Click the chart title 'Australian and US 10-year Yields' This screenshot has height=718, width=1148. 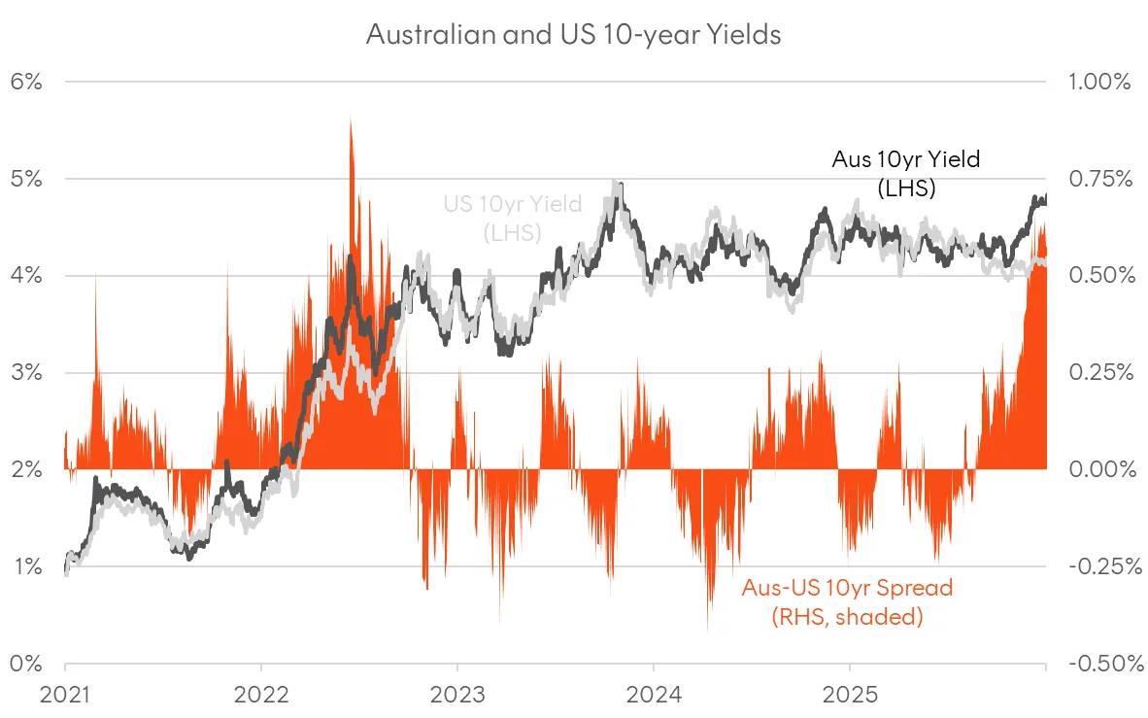click(x=573, y=34)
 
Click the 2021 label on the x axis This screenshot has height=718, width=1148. click(x=65, y=696)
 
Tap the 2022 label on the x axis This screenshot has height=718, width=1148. click(x=261, y=696)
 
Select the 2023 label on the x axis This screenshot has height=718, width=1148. click(x=457, y=696)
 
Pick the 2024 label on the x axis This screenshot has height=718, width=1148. click(x=654, y=696)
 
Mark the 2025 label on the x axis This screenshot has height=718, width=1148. click(x=850, y=696)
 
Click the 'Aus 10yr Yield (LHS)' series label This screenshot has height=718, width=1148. click(x=905, y=174)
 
